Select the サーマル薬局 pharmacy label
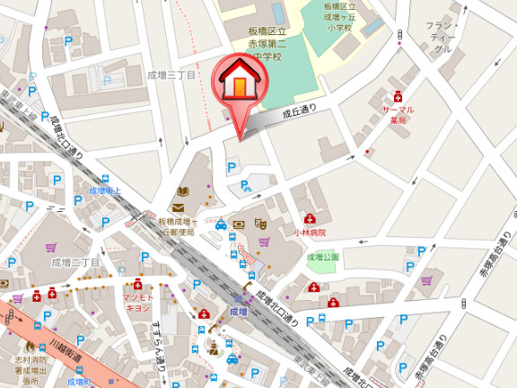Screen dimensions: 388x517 pyautogui.click(x=398, y=114)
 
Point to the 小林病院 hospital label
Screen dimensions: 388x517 pyautogui.click(x=309, y=232)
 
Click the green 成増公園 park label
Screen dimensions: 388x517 pyautogui.click(x=323, y=257)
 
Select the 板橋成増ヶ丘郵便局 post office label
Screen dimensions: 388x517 pyautogui.click(x=177, y=226)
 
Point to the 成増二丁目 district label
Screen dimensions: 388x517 pyautogui.click(x=75, y=262)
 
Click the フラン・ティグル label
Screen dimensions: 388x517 pyautogui.click(x=441, y=37)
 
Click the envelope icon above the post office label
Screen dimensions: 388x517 pyautogui.click(x=178, y=207)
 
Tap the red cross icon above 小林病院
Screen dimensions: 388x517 pyautogui.click(x=310, y=218)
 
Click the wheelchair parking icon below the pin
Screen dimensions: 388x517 pyautogui.click(x=245, y=187)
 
